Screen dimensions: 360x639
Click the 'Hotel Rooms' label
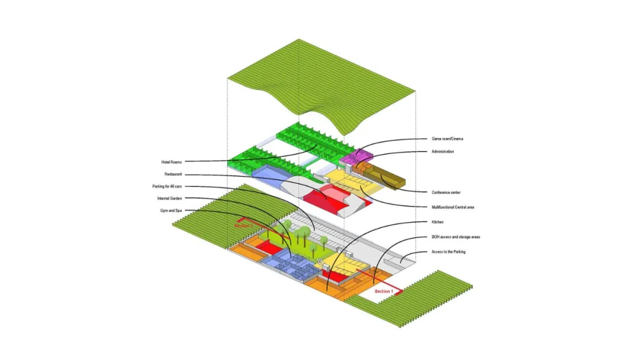pyautogui.click(x=172, y=162)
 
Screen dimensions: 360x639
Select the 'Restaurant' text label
pyautogui.click(x=173, y=174)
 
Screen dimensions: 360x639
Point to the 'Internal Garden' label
pyautogui.click(x=170, y=198)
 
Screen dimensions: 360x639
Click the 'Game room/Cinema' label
pyautogui.click(x=447, y=139)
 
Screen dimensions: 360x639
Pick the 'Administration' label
pyautogui.click(x=443, y=152)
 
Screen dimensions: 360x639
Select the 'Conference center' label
pyautogui.click(x=446, y=192)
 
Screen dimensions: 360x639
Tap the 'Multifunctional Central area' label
pyautogui.click(x=453, y=207)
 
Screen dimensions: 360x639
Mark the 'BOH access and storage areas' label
pyautogui.click(x=456, y=237)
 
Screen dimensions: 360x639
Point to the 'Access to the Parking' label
pyautogui.click(x=448, y=252)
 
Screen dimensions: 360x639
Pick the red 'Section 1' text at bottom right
pyautogui.click(x=383, y=291)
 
